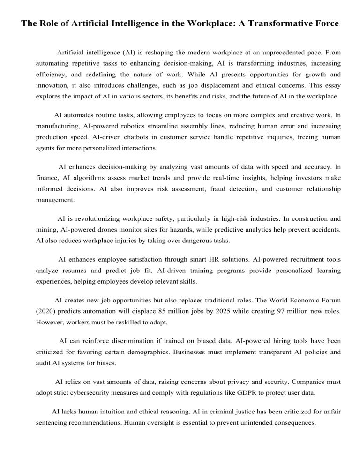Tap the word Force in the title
coord(326,23)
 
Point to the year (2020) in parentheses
coord(49,312)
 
